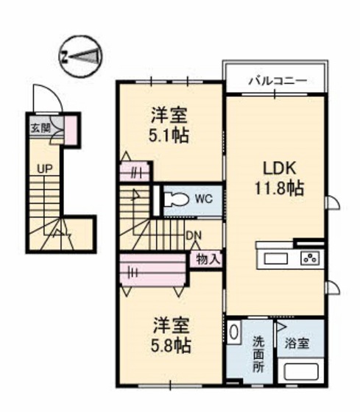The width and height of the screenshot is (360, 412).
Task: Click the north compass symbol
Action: click(x=80, y=57)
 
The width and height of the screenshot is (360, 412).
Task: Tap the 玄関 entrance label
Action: click(x=40, y=129)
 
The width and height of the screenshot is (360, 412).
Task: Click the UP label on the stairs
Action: click(x=45, y=168)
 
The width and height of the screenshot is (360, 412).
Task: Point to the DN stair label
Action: click(x=194, y=235)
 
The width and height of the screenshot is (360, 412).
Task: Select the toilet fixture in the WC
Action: click(x=177, y=199)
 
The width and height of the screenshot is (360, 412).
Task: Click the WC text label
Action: click(x=204, y=199)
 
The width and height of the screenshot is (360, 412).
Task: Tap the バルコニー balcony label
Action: click(x=278, y=81)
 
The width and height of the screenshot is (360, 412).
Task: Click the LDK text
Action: click(x=280, y=168)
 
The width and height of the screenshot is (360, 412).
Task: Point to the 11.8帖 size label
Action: click(x=279, y=188)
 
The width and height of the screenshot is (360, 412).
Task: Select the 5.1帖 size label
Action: click(x=169, y=135)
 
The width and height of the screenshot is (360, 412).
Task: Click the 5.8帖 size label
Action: click(x=171, y=346)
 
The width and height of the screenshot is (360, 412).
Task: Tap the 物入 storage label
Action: click(x=208, y=259)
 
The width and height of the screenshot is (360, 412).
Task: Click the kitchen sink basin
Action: click(x=275, y=259)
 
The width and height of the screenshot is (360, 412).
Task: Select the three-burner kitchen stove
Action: click(x=310, y=257)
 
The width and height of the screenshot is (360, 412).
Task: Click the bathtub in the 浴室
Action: click(x=301, y=372)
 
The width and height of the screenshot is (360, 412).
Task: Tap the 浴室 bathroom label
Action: click(x=297, y=343)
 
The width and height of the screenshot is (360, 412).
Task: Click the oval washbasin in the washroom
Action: click(x=233, y=332)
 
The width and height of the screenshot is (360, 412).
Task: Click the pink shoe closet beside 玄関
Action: click(x=71, y=130)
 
